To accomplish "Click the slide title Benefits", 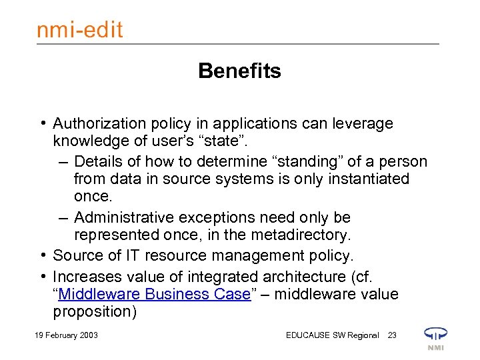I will pos(239,71).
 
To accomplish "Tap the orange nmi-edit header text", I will pos(79,29).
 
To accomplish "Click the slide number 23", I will pos(392,335).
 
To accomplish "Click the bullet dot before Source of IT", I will pos(43,255).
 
